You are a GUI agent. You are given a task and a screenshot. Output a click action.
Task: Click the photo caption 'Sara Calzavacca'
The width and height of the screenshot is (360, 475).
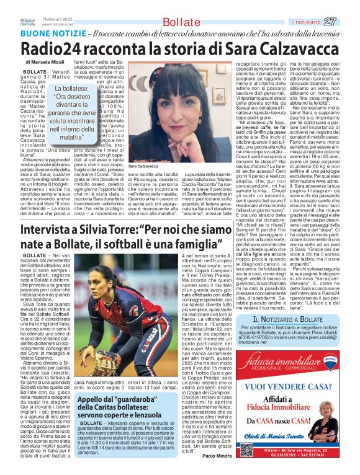coord(145,167)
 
